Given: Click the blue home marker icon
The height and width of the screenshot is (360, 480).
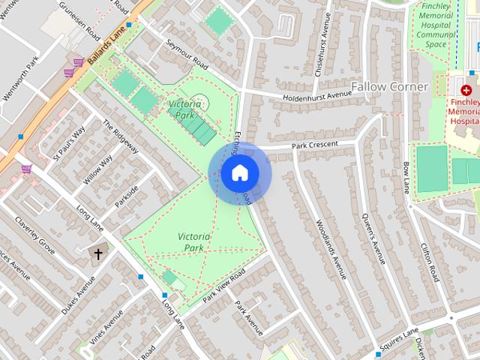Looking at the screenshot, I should (x=240, y=173).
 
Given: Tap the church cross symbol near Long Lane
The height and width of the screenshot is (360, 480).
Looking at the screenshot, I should (x=97, y=253).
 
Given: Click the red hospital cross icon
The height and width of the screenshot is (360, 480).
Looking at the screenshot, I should (x=466, y=89).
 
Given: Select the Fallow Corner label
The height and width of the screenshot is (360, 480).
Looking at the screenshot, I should (x=390, y=87).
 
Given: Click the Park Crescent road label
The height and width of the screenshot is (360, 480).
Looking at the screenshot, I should (x=325, y=144).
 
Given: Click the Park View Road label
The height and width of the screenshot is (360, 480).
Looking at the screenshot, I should (x=223, y=286).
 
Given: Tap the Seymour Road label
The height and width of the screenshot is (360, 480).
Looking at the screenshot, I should (x=186, y=54).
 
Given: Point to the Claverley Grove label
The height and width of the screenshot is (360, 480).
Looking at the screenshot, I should (x=34, y=235).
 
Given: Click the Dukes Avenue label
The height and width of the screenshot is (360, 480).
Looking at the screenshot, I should (x=79, y=296).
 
